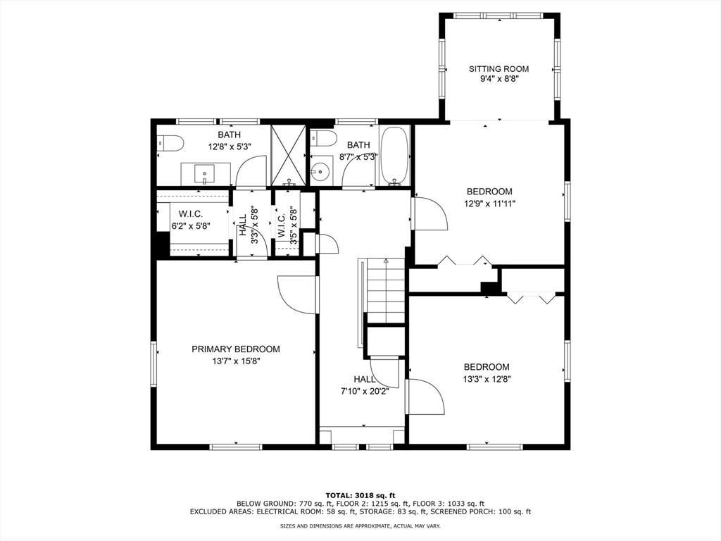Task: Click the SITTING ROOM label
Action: [x=499, y=69]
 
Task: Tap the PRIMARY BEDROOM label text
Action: [x=236, y=349]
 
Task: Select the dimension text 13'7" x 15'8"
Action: [x=236, y=361]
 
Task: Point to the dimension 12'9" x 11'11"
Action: [x=489, y=204]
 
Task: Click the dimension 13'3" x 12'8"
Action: [x=487, y=379]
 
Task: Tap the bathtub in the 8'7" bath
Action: [x=394, y=155]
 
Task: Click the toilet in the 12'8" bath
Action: [x=170, y=142]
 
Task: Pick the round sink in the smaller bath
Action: [x=320, y=172]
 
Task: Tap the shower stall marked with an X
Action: [x=288, y=155]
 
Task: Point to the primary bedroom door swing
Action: [x=297, y=295]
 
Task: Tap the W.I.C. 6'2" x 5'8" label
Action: [x=191, y=220]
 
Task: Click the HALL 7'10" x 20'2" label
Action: [x=365, y=385]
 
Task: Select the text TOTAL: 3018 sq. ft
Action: [x=360, y=495]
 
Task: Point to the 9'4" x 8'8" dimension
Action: [x=499, y=79]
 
